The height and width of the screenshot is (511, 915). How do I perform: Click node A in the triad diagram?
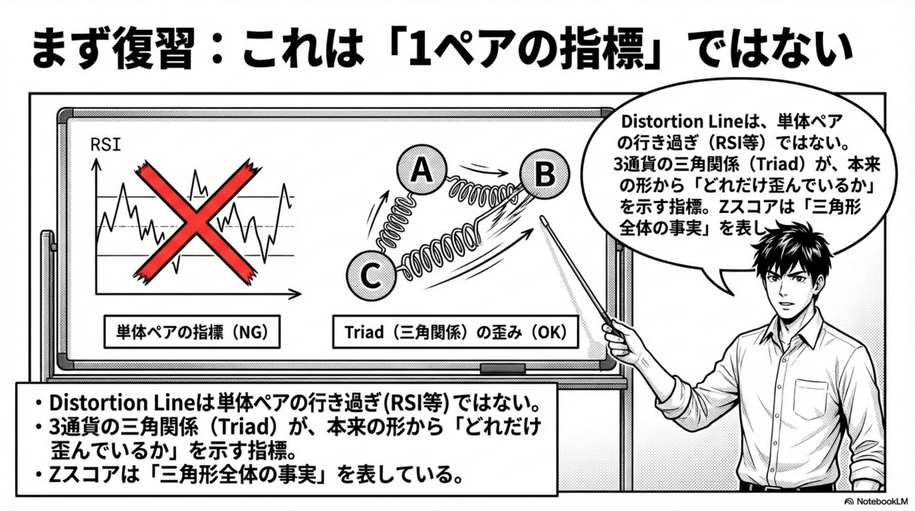[x=421, y=170]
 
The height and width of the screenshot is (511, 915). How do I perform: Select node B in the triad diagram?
[x=544, y=174]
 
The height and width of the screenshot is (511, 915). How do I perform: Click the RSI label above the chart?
[x=105, y=145]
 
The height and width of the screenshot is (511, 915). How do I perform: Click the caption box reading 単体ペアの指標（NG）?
[x=192, y=332]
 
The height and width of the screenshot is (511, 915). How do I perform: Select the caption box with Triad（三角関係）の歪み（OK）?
[x=455, y=332]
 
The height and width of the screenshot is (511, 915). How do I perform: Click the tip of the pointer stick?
[x=542, y=219]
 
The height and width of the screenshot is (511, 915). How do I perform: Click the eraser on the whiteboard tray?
[x=502, y=369]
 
